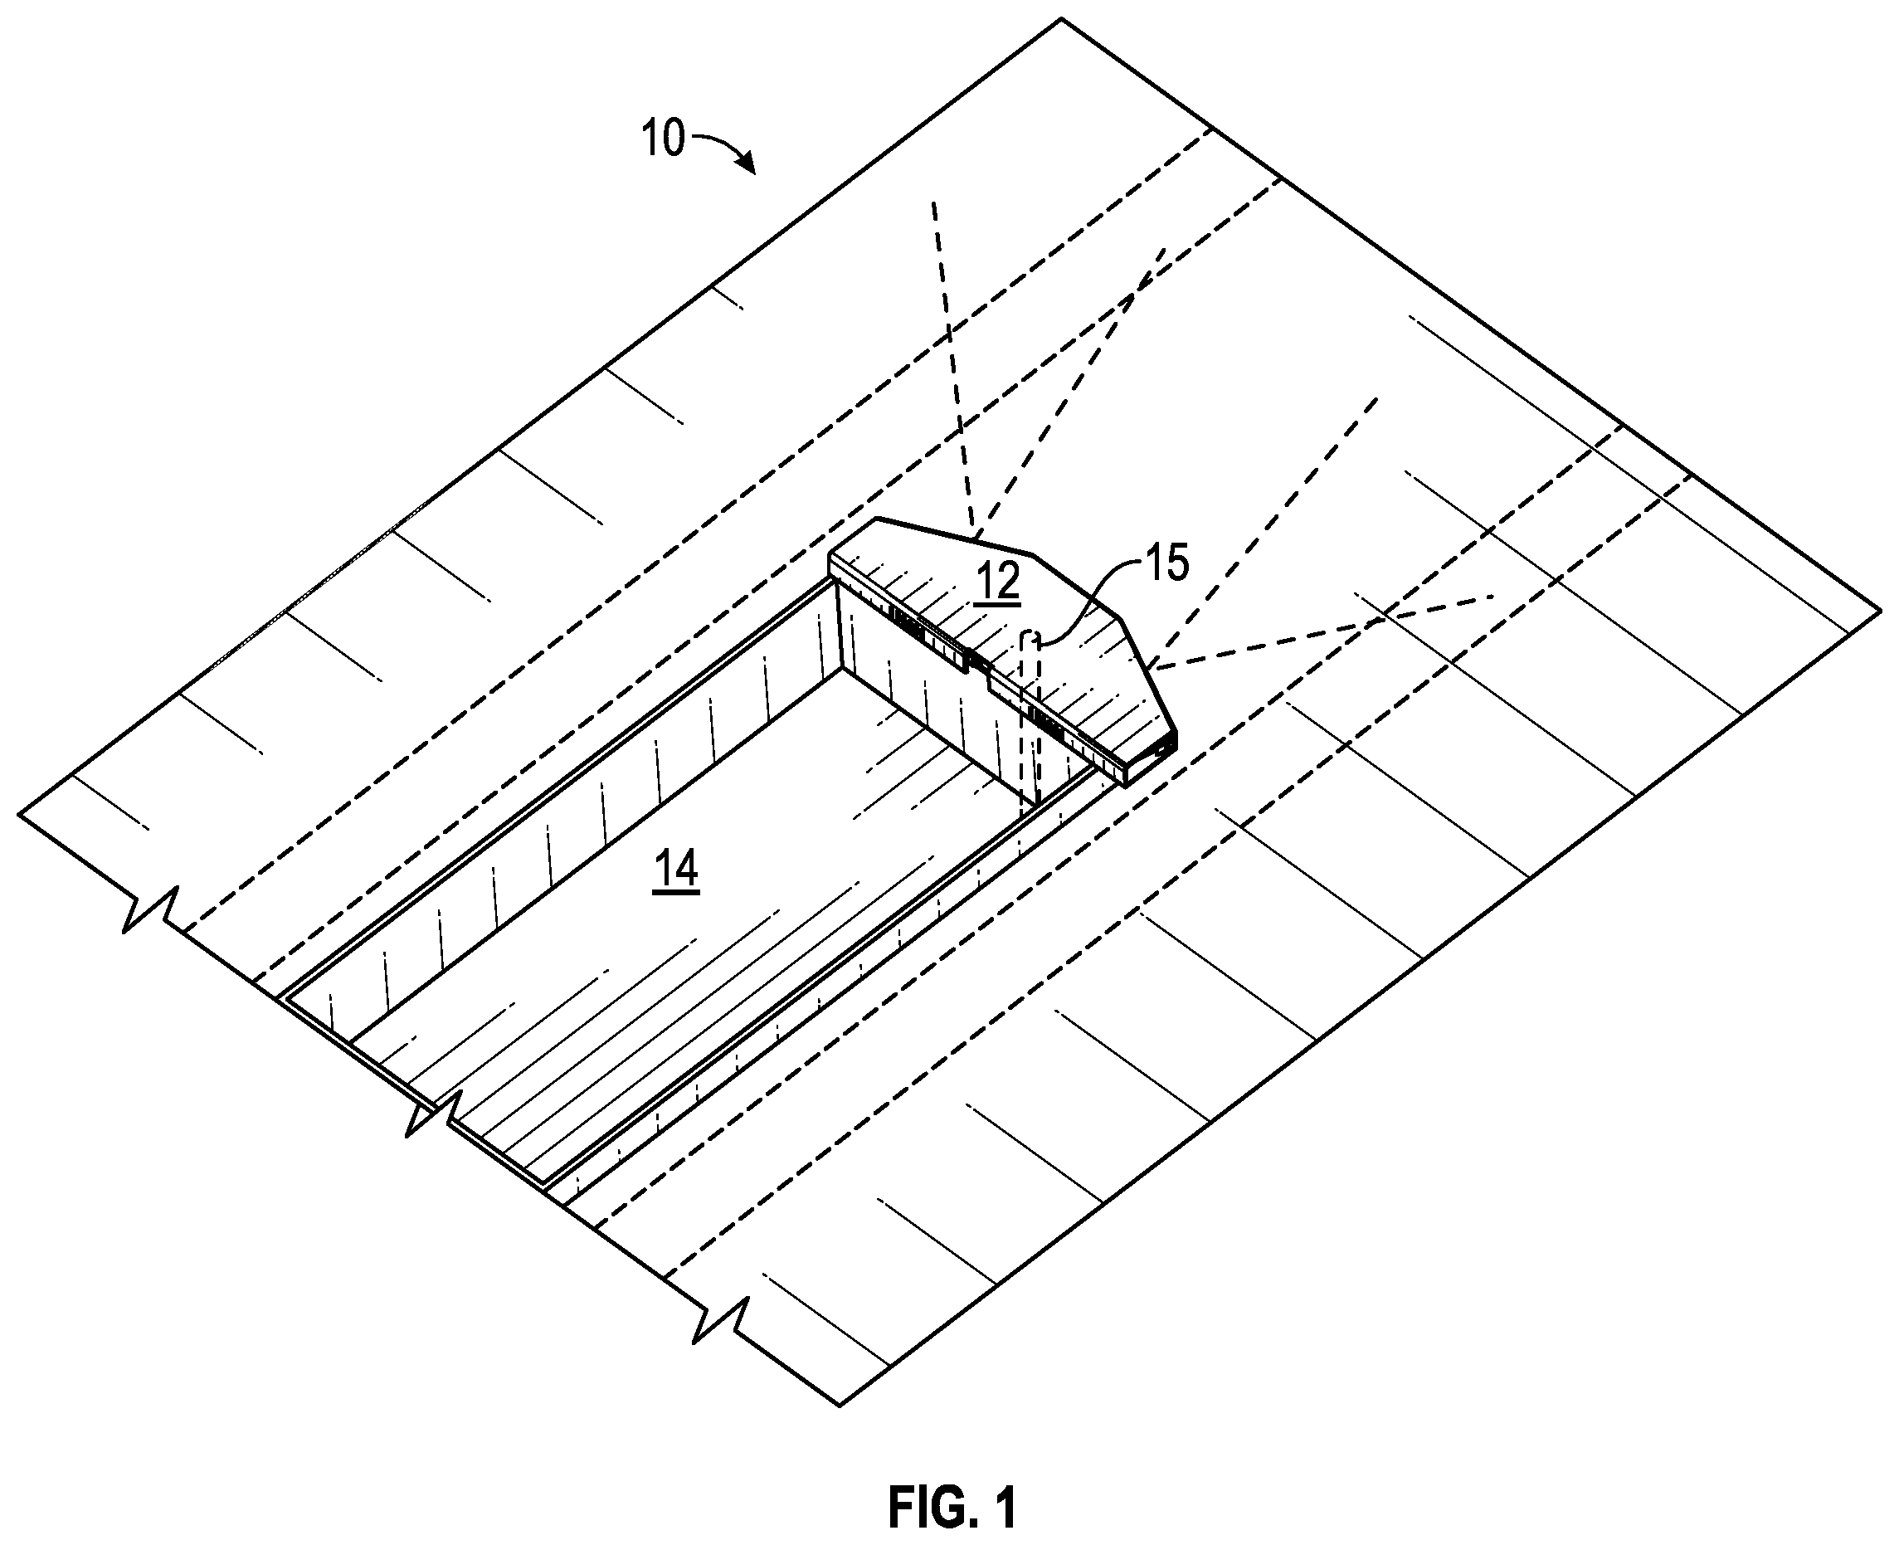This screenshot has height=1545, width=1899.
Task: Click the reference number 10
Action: pyautogui.click(x=663, y=139)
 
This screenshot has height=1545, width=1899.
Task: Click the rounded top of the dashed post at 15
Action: pyautogui.click(x=1030, y=636)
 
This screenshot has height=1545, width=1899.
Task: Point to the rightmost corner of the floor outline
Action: pyautogui.click(x=1880, y=611)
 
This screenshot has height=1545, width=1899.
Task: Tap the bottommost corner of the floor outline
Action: pyautogui.click(x=840, y=1406)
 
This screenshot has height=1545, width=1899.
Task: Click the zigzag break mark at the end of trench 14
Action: pyautogui.click(x=431, y=1113)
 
